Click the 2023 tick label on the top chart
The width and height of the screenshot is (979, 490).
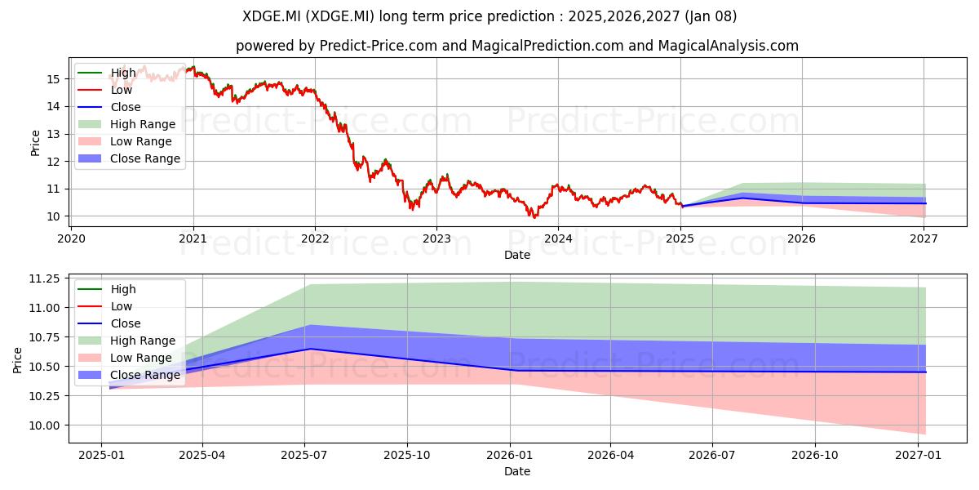coord(436,238)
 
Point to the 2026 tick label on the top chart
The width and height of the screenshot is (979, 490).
coord(801,238)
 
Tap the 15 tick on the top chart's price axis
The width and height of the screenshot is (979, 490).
coord(53,79)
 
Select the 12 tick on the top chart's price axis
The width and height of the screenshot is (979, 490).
coord(53,162)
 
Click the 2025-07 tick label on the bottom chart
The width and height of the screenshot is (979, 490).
coord(304,456)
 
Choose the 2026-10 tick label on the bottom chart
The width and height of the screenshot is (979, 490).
coord(815,456)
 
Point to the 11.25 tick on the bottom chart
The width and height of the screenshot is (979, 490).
coord(45,278)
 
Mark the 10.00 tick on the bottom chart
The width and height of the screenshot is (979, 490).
coord(45,425)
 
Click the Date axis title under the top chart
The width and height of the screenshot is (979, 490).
coord(517,255)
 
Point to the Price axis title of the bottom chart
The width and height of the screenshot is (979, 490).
coord(17,360)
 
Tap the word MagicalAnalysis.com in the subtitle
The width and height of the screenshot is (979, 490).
coord(728,46)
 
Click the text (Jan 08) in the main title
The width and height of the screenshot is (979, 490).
coord(711,16)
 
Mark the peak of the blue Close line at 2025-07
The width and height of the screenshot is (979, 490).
coord(310,349)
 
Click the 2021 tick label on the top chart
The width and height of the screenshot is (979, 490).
coord(193,238)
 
